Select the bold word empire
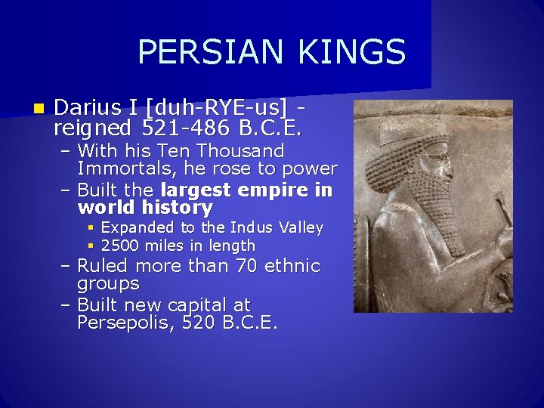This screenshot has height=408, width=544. pos(276,190)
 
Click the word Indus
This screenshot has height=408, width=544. pos(251,227)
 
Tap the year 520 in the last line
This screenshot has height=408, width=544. pos(202,323)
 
